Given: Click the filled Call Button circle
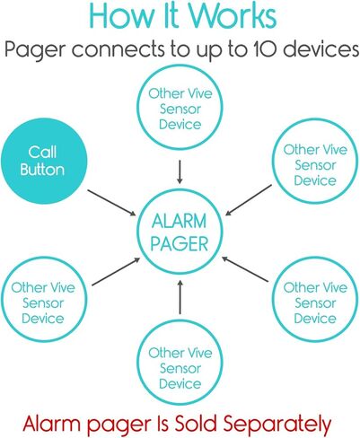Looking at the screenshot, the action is coord(44,162).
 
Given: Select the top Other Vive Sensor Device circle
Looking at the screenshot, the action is coord(180,66).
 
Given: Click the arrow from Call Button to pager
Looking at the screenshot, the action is coord(111,202).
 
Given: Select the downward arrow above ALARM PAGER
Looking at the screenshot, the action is coord(180,171).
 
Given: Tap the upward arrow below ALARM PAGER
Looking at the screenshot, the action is coord(180,297).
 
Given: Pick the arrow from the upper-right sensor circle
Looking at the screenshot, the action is coord(249,200).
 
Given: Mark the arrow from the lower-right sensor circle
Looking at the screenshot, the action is coord(245,269).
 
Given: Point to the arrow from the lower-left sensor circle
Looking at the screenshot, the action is coord(116,271).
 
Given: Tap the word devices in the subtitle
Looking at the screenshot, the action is coord(320,48).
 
